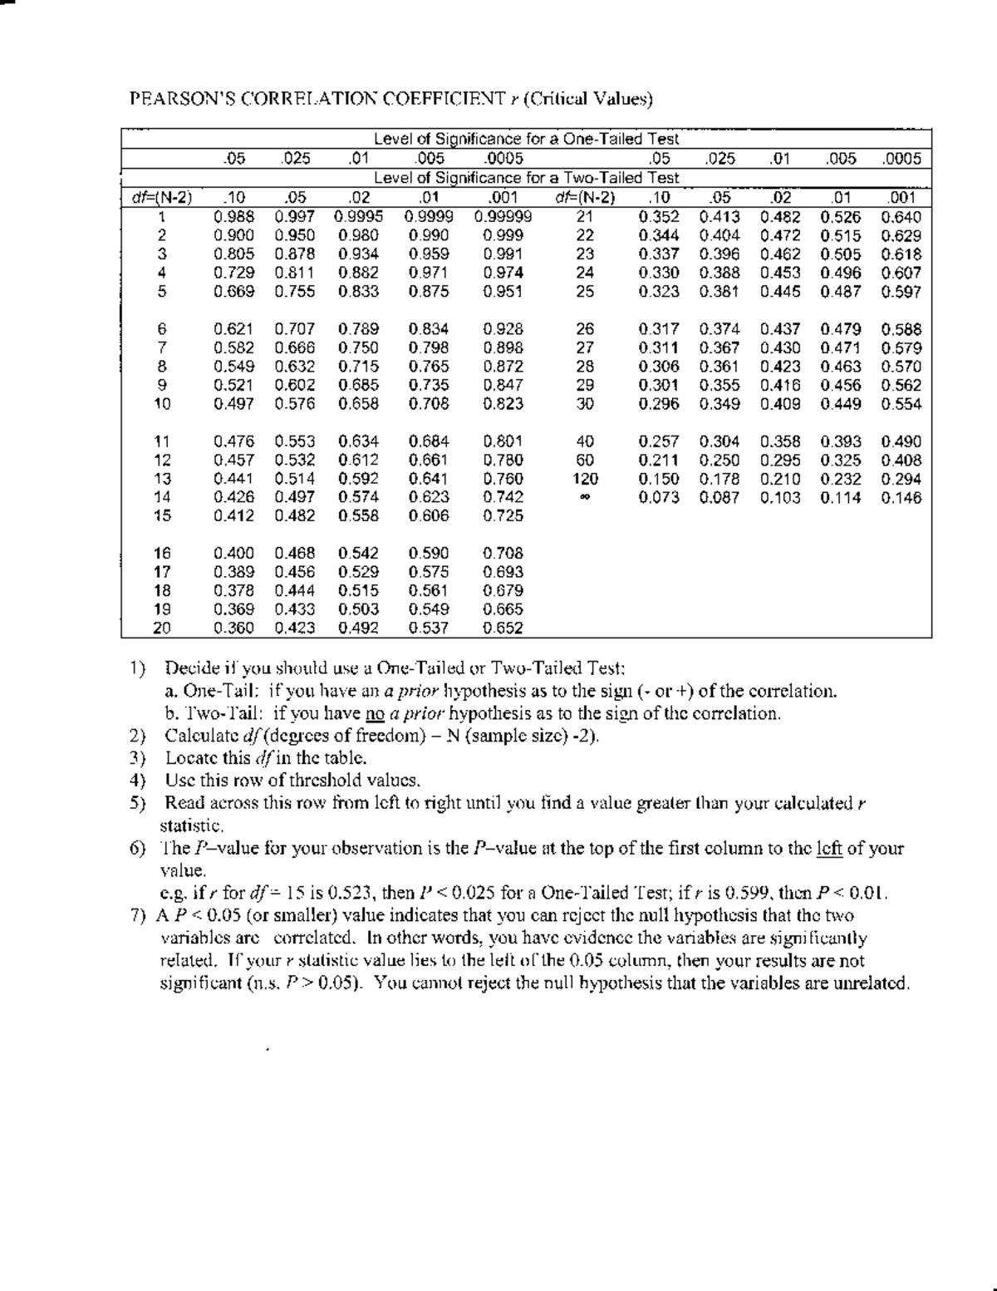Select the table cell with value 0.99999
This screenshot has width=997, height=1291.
point(503,217)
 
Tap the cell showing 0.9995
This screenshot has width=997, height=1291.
point(359,217)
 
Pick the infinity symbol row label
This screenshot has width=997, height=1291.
point(585,498)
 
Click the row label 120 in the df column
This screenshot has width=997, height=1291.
point(585,479)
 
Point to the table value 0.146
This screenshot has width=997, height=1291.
point(901,498)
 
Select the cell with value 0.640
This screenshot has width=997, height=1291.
point(901,217)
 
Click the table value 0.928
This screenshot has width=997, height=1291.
point(503,329)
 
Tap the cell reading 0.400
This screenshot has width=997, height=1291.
point(234,553)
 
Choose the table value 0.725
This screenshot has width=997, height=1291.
point(503,515)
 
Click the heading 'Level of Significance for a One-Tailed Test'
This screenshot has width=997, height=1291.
point(526,139)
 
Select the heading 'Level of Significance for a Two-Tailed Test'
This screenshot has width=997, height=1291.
point(526,178)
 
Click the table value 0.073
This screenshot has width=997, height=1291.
point(659,498)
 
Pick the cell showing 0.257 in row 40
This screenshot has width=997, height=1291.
point(659,441)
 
